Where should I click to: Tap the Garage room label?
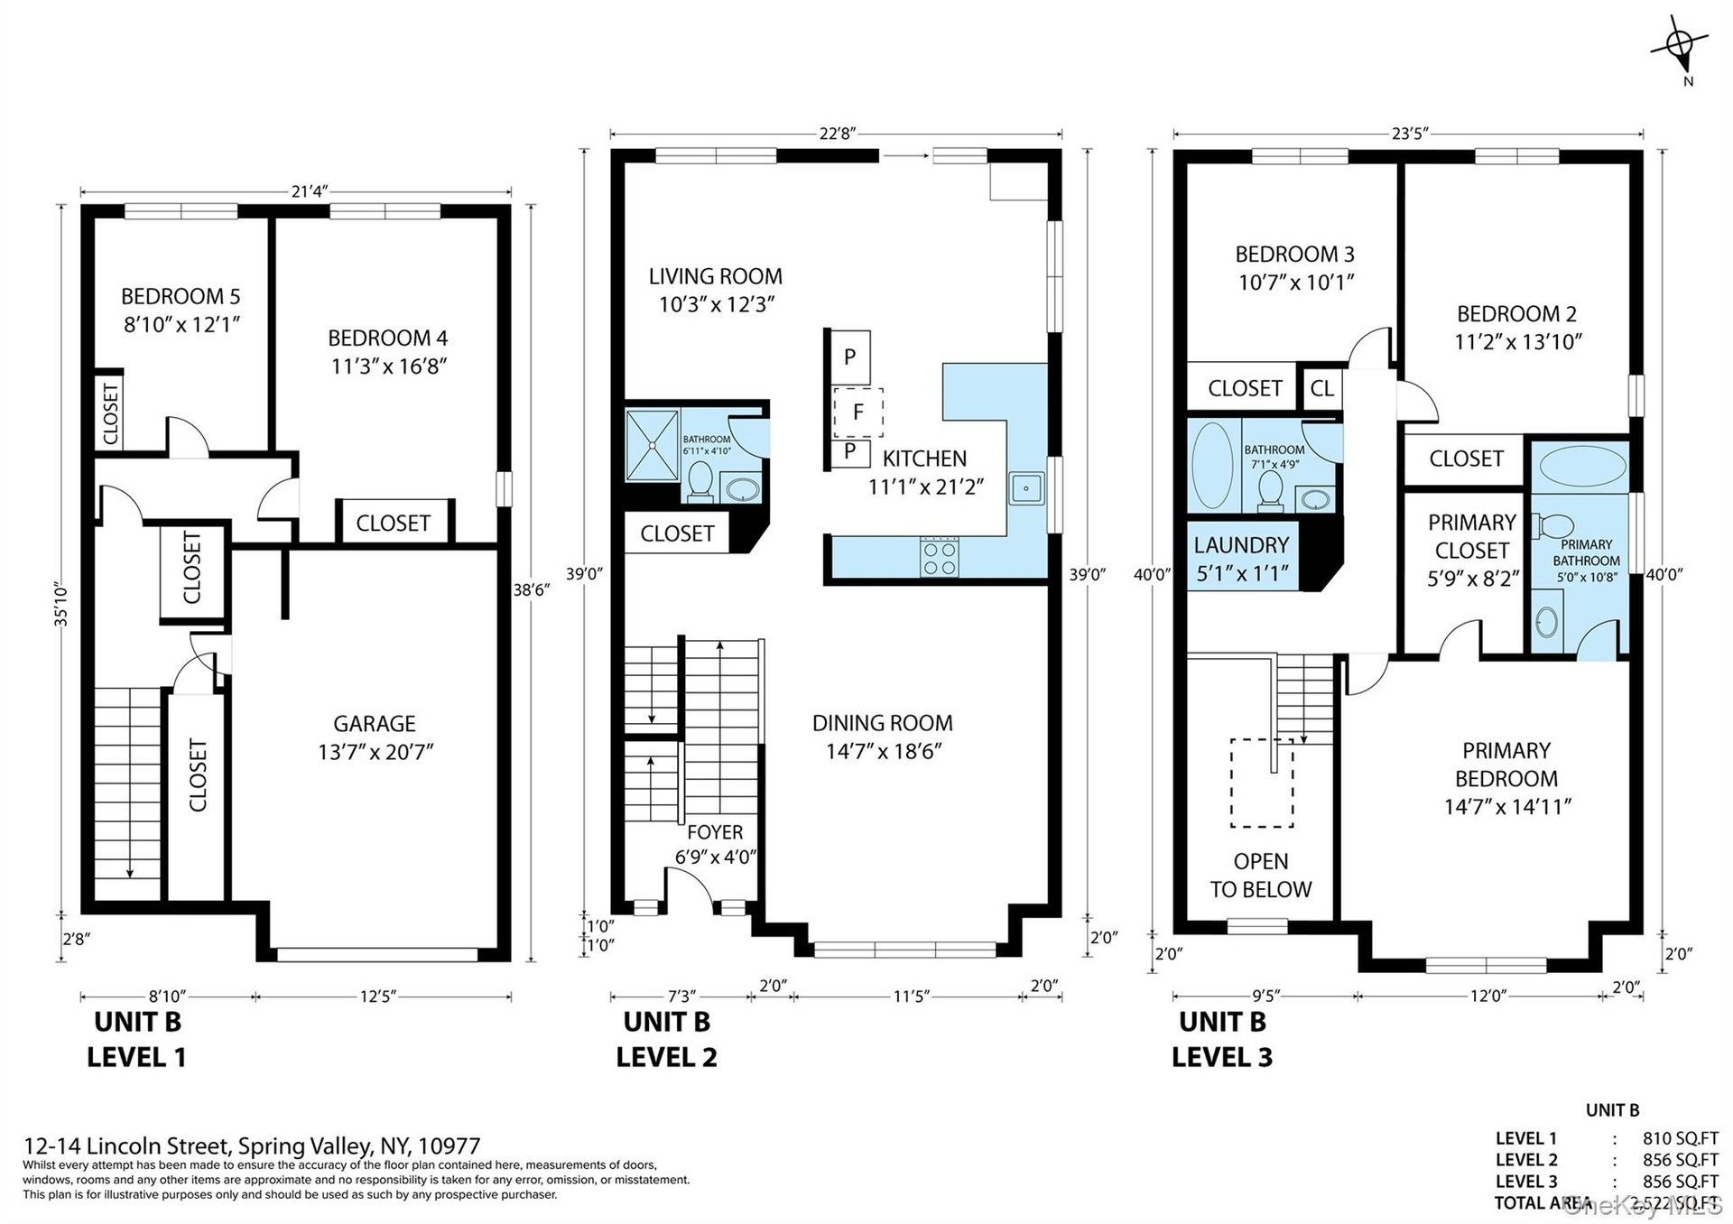point(375,724)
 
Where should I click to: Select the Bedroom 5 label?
point(181,296)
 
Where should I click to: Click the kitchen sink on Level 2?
point(1026,488)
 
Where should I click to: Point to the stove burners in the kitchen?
point(940,557)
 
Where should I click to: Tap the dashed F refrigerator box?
point(857,413)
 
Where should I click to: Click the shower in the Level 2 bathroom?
point(652,445)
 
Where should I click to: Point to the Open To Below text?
point(1261,876)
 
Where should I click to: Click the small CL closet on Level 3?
point(1321,388)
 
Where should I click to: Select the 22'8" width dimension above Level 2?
point(837,134)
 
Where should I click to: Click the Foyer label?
point(715,832)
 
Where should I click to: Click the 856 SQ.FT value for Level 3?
point(1680,1181)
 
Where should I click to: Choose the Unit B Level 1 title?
point(137,1039)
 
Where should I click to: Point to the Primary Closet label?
point(1472,536)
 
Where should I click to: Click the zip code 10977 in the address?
point(447,1146)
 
